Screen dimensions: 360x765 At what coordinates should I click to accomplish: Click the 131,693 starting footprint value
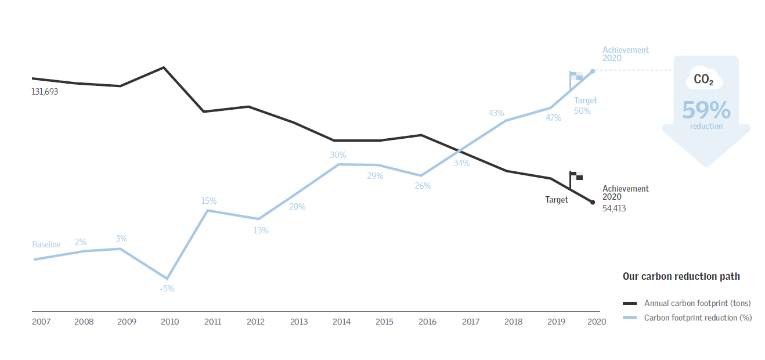click(45, 92)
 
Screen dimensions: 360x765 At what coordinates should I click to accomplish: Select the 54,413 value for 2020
click(614, 208)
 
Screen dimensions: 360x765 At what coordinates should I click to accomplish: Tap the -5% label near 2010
click(167, 289)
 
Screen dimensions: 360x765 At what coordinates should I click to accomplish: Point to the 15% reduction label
click(209, 201)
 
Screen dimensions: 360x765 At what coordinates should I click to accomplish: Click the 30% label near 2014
click(338, 155)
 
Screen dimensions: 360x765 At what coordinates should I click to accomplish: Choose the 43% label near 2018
click(496, 113)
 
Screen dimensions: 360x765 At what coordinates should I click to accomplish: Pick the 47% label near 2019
click(553, 118)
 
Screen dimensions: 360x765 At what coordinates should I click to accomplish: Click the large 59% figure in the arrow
click(706, 110)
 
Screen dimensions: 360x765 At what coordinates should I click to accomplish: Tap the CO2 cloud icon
click(704, 79)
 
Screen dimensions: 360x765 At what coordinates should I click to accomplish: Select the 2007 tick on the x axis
click(41, 322)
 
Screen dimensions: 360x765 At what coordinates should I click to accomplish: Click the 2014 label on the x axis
click(341, 322)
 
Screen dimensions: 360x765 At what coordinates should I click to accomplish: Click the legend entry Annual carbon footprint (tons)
click(697, 303)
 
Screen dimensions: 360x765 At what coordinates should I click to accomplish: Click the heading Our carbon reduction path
click(681, 276)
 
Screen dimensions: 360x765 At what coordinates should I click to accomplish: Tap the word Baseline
click(46, 244)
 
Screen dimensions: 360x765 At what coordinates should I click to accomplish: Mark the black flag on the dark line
click(576, 176)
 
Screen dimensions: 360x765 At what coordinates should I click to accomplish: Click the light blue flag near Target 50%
click(576, 76)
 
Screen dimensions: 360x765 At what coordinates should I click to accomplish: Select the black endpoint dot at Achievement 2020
click(593, 202)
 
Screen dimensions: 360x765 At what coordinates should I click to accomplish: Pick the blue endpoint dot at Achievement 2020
click(593, 71)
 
